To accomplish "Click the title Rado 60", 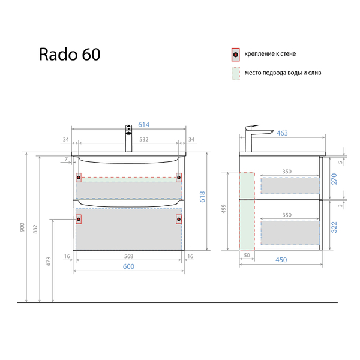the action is [x=70, y=55].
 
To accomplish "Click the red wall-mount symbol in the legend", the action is [x=236, y=55].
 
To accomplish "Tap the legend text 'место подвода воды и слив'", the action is [x=283, y=73].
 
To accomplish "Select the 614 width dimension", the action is [x=144, y=125].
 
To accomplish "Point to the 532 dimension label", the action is [x=144, y=139].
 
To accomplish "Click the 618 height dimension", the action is [x=202, y=197].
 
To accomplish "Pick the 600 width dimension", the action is [x=128, y=266].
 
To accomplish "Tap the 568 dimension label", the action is [x=128, y=256].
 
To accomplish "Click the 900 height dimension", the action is [x=22, y=227].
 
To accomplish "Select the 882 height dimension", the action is [x=35, y=229].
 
